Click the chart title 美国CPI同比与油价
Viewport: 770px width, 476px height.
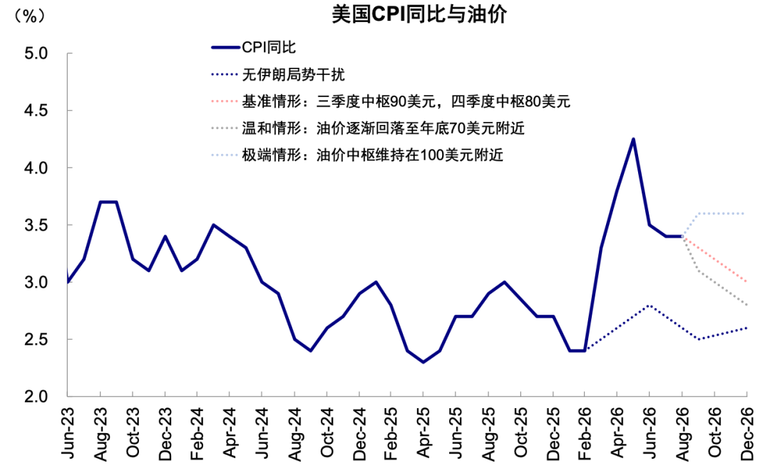click(419, 15)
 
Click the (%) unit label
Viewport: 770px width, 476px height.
click(30, 16)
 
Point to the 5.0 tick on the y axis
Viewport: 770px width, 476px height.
click(36, 53)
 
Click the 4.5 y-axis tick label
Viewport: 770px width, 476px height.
click(36, 110)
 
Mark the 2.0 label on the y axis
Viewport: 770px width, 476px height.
click(36, 396)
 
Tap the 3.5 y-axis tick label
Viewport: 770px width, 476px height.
click(36, 225)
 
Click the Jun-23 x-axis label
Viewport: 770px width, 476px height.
click(68, 433)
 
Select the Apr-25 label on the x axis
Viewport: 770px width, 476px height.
click(423, 433)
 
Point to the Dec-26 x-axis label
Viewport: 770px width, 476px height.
click(746, 433)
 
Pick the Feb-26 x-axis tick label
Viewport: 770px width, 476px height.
click(585, 433)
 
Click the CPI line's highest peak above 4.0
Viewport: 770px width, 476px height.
click(634, 139)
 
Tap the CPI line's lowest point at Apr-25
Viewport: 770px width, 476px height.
click(423, 362)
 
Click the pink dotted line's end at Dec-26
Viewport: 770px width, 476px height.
click(746, 282)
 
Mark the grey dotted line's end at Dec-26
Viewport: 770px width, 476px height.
click(746, 305)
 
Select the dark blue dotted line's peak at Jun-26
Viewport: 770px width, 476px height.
click(650, 305)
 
